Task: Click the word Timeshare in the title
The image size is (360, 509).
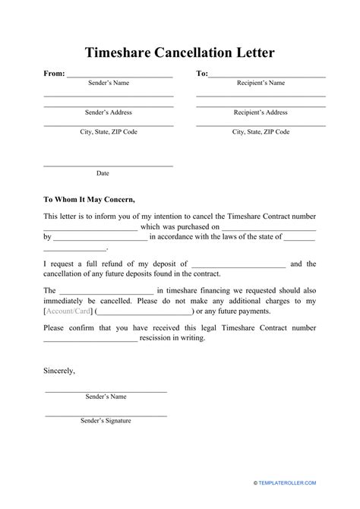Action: [121, 52]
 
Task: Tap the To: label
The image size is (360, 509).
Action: [202, 74]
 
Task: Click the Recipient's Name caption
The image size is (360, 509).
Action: [260, 83]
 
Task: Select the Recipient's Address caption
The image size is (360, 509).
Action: [260, 112]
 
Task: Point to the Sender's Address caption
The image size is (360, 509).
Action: [108, 112]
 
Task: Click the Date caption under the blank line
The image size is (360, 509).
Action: [103, 173]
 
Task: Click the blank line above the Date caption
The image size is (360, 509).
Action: [108, 165]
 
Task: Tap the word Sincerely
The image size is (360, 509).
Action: [59, 371]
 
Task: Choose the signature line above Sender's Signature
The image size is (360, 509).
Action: [106, 415]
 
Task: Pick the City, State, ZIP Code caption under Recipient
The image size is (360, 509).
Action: [260, 131]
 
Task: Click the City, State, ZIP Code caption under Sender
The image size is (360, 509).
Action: [108, 131]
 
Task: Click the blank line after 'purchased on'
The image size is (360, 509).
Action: [269, 226]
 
